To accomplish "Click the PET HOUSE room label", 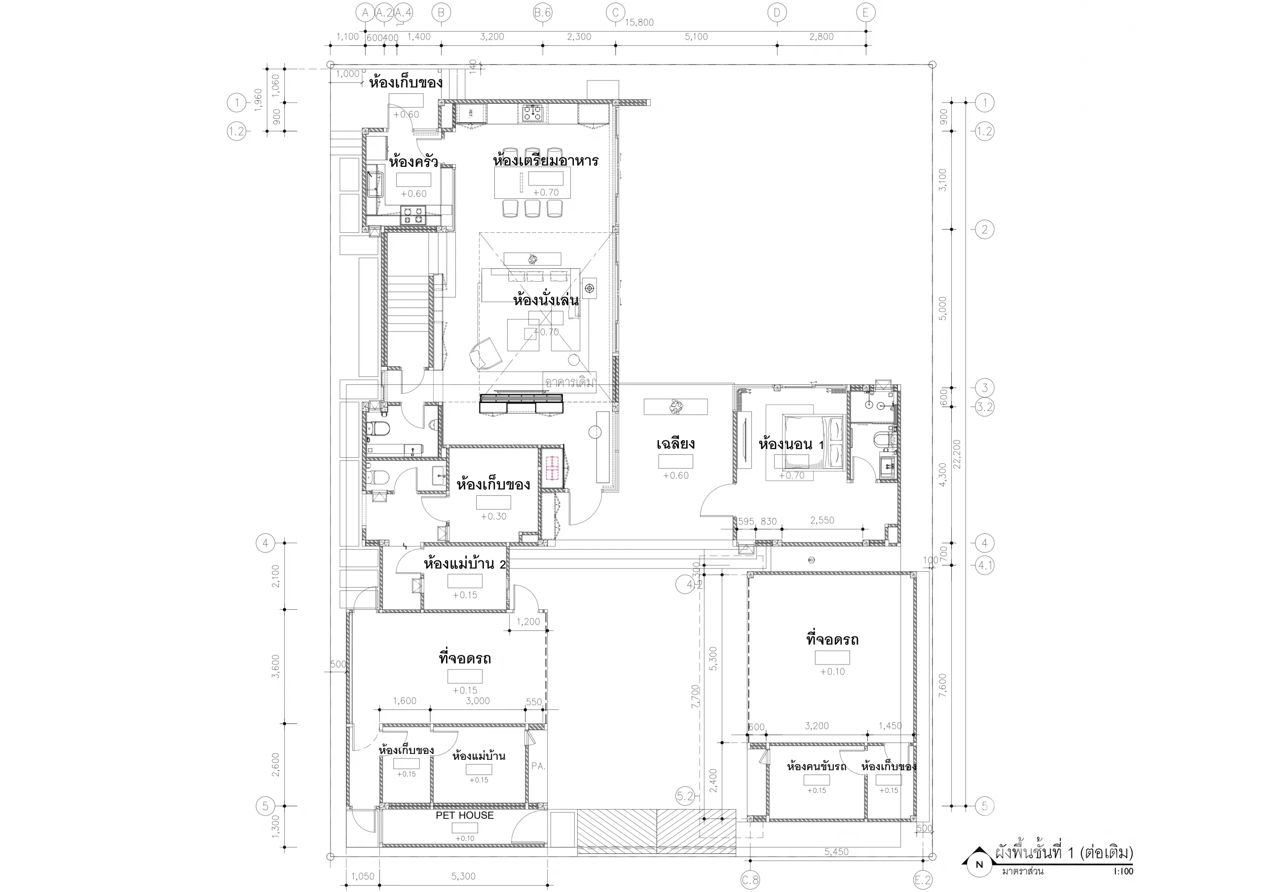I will (x=464, y=815).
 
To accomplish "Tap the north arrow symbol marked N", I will (x=979, y=864).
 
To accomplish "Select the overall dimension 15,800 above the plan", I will (x=639, y=23).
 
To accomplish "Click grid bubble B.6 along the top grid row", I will (x=542, y=13).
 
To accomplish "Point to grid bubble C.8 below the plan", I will (x=750, y=880).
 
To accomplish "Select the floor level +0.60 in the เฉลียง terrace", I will (x=675, y=476).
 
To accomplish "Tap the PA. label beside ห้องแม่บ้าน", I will (x=538, y=766).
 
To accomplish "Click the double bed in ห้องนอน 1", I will (x=814, y=443).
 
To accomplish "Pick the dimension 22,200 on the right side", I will (x=957, y=454).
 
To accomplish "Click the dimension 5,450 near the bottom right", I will (x=836, y=852).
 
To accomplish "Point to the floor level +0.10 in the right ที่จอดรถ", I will (x=832, y=671).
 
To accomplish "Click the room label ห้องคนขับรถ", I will (x=817, y=767).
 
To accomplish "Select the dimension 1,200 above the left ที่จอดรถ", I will (x=528, y=622).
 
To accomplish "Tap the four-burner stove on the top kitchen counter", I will (x=532, y=113).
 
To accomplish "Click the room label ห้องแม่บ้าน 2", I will (x=464, y=564).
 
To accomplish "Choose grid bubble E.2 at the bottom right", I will (x=923, y=880).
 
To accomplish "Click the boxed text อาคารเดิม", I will (x=569, y=382).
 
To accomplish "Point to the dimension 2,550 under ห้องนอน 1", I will (x=822, y=520).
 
